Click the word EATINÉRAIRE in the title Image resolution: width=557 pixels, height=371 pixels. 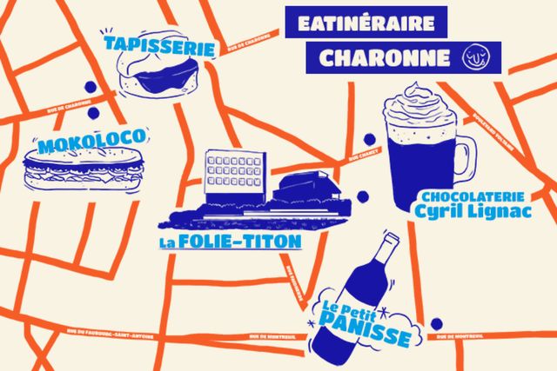[x=366, y=23]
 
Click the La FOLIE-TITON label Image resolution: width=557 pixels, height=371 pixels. [x=230, y=241]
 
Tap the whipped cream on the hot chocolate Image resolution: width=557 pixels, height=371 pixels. [x=416, y=108]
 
